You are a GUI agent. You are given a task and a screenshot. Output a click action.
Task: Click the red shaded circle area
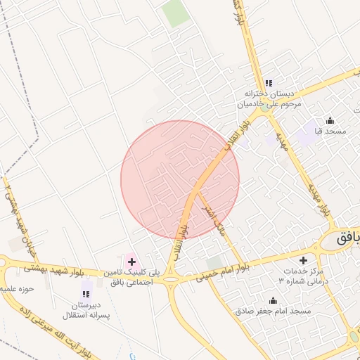pos(179,180)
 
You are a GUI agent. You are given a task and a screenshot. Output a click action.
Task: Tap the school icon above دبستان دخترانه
pos(269,83)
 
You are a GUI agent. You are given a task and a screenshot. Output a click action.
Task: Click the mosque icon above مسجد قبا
pos(330,120)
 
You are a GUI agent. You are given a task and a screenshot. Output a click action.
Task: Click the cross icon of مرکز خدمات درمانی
pos(304,261)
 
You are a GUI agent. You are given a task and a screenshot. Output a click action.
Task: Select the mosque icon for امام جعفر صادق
pos(273,301)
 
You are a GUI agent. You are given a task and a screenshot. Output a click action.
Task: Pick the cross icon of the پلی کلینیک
pos(131,262)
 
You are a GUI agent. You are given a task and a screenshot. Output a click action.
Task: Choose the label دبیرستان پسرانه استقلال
pos(86,310)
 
